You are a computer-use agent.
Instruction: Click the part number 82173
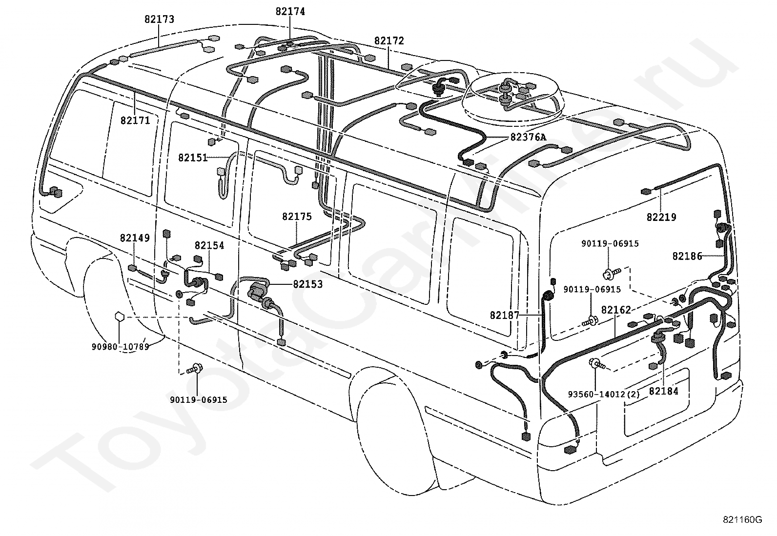tap(159, 20)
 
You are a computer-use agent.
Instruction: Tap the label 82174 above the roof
tap(290, 11)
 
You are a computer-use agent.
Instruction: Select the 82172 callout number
tap(389, 41)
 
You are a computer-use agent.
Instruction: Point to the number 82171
tap(135, 120)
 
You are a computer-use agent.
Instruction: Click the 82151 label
tap(193, 158)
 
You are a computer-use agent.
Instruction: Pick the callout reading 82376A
tap(528, 138)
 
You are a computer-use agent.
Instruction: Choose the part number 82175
tap(297, 217)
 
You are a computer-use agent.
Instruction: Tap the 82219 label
tap(661, 218)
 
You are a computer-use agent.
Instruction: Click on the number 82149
tap(135, 238)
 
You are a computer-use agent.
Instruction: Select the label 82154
tap(209, 245)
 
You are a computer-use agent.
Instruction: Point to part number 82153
tap(308, 284)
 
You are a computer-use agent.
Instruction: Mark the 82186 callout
tap(687, 256)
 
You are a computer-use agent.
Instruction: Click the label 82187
tap(505, 316)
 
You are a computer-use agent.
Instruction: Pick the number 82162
tap(616, 310)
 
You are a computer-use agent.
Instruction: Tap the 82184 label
tap(664, 391)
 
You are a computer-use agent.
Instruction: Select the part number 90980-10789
tap(121, 346)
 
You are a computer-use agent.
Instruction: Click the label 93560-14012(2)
tap(604, 394)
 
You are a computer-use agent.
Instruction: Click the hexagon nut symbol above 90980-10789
tap(119, 317)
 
